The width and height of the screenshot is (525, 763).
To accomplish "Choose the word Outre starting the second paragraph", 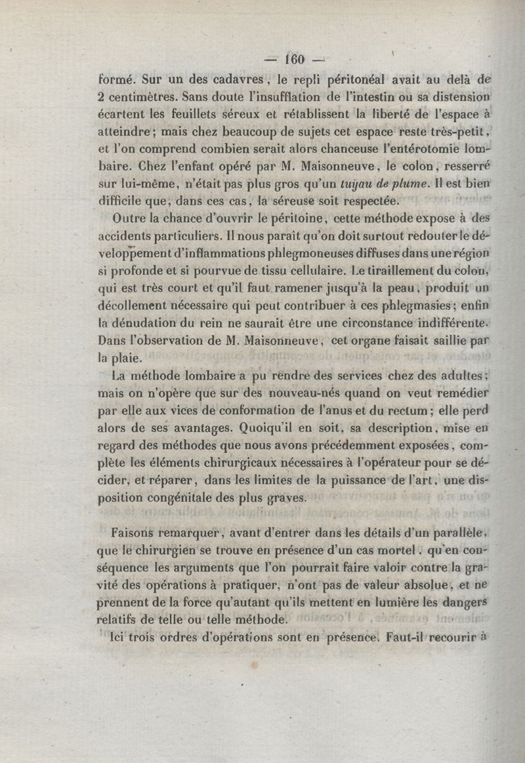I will coord(129,218).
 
